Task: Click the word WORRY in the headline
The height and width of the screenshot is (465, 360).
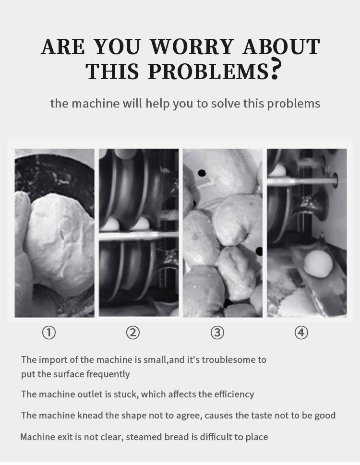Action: (x=192, y=47)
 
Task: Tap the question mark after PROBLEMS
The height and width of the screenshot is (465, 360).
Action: (x=276, y=70)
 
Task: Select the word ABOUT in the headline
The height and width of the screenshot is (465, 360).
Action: (x=281, y=47)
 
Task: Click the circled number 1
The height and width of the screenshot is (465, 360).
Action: (x=49, y=333)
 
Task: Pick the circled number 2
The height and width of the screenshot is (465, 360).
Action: (x=133, y=333)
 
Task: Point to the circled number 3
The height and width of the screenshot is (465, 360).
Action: (x=217, y=333)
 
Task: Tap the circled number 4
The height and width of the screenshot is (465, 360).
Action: (x=301, y=333)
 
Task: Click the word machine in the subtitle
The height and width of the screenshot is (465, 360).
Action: (x=96, y=104)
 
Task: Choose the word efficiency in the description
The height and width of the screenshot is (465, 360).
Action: (x=234, y=394)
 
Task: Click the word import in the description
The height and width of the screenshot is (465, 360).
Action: (x=53, y=360)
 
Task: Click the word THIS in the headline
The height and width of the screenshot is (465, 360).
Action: (x=112, y=71)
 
